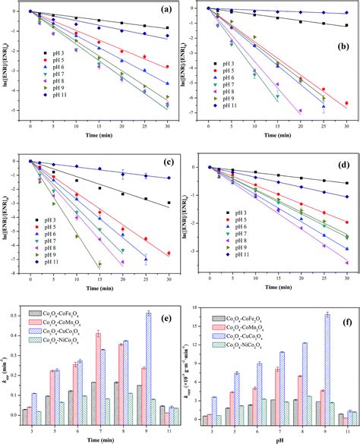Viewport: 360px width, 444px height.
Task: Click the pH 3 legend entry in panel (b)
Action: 235,64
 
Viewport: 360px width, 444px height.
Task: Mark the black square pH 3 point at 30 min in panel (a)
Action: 167,28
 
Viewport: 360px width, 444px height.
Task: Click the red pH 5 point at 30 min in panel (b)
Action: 346,103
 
